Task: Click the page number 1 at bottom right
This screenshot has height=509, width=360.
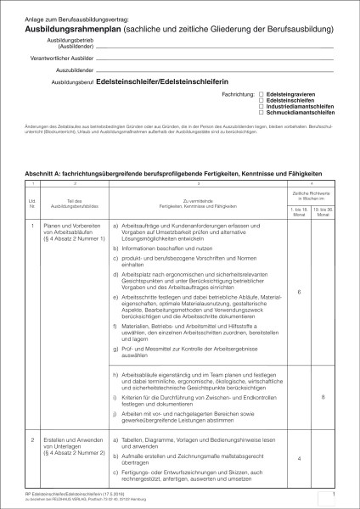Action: (x=336, y=494)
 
